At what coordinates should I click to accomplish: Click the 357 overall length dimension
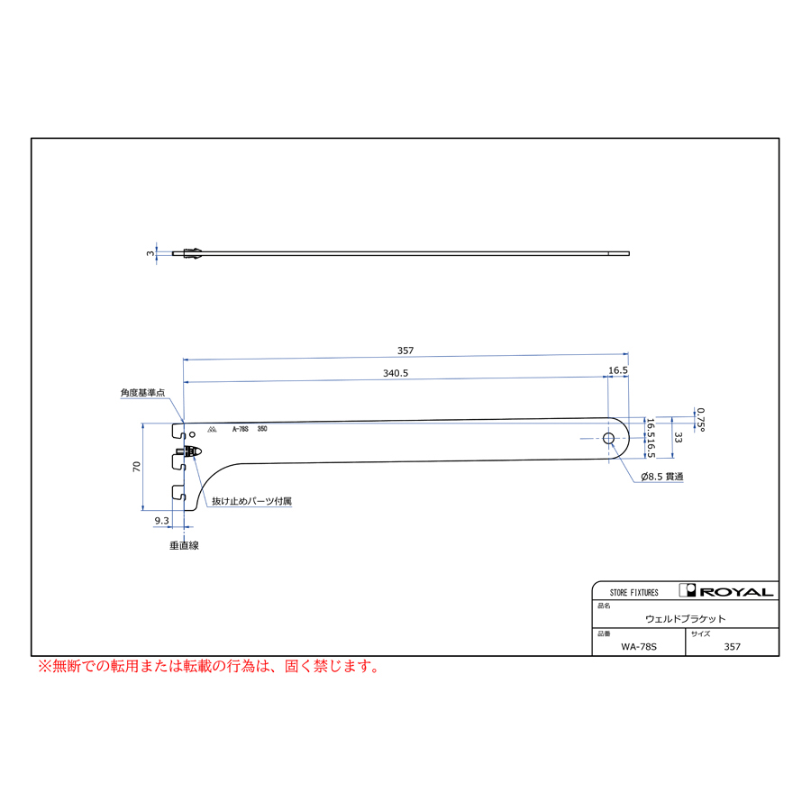(x=405, y=351)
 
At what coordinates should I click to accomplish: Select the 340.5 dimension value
(x=396, y=373)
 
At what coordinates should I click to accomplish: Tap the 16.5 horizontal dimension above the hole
(x=618, y=370)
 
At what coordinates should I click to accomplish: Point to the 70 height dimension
(x=137, y=467)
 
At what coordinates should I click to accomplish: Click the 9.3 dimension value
(x=162, y=520)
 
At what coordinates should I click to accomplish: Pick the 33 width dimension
(x=678, y=438)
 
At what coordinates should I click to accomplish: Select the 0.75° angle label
(x=700, y=419)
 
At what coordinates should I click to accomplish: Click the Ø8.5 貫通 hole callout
(x=662, y=477)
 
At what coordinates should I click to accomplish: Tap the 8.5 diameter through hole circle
(x=609, y=439)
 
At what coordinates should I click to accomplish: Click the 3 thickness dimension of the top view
(x=150, y=253)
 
